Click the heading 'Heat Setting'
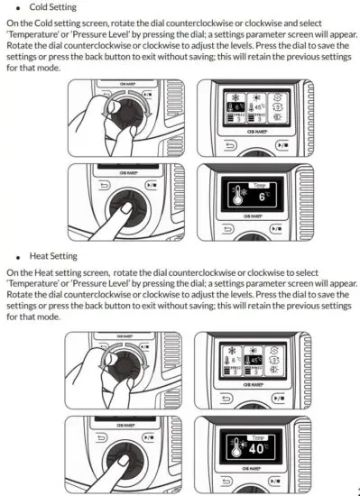tap(57, 255)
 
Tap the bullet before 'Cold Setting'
tap(20, 8)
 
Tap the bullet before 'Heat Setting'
tap(20, 256)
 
